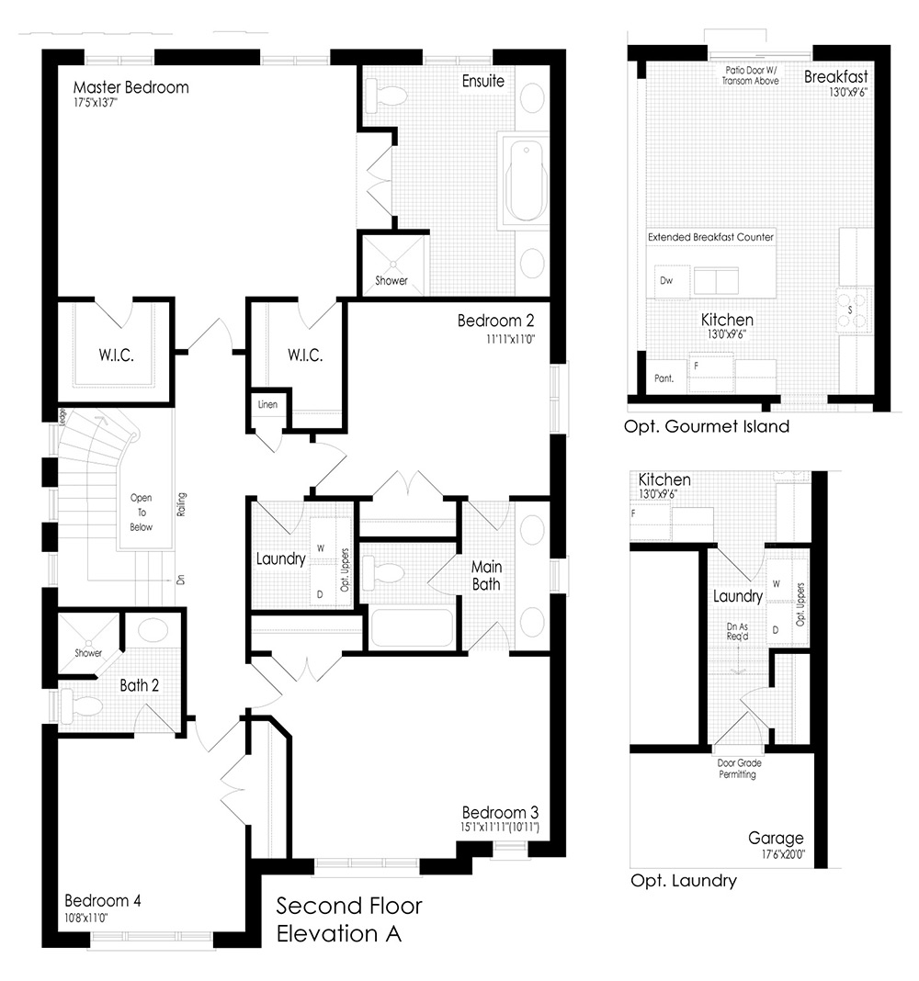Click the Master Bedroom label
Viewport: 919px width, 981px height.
pos(130,87)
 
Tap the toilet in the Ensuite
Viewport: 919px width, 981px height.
pos(386,96)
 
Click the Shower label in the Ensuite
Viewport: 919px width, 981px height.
pos(391,281)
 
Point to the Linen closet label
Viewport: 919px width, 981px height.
pos(267,404)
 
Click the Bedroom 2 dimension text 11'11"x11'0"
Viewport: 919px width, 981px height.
pos(511,339)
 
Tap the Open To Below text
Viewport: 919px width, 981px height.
pos(141,513)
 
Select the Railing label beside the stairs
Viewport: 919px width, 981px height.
pos(182,504)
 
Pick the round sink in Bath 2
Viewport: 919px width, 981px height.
pos(153,630)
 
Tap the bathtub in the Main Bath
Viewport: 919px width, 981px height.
pos(412,628)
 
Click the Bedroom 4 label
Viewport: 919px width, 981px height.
pos(103,900)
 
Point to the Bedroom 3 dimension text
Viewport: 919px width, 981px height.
pos(500,827)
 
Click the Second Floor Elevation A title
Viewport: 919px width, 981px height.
pos(349,919)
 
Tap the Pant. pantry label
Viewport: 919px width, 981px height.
pos(664,378)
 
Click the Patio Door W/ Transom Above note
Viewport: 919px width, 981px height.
pos(751,75)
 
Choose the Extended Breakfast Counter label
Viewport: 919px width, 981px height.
pos(710,237)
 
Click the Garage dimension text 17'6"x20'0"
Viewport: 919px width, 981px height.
pos(783,854)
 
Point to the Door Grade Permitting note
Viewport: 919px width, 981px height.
pos(739,769)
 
